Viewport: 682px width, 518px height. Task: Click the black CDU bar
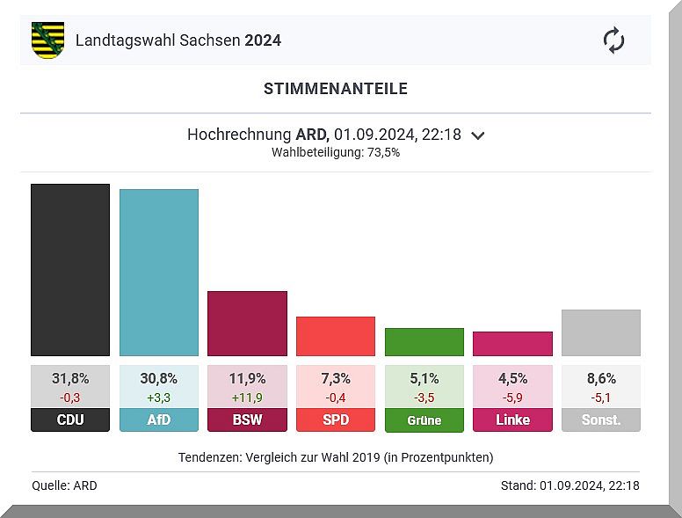tap(70, 269)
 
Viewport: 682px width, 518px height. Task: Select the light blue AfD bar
tap(159, 272)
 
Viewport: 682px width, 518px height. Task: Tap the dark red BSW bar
tap(247, 323)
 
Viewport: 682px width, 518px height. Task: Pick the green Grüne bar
tap(424, 341)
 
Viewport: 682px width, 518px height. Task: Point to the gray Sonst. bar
tap(601, 332)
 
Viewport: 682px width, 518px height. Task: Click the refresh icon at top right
tap(613, 40)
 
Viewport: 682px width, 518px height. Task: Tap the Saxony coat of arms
tap(47, 40)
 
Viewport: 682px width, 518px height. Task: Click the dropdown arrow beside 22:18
tap(478, 135)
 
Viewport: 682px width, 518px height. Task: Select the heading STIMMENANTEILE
tap(336, 89)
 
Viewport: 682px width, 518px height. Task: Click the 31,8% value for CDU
tap(70, 379)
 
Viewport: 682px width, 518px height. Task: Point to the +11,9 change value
tap(247, 397)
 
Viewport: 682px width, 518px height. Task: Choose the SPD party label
tap(336, 420)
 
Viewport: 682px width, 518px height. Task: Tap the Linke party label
tap(512, 420)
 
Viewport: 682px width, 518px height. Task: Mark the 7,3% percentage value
tap(336, 379)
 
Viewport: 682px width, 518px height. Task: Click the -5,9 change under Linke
tap(512, 397)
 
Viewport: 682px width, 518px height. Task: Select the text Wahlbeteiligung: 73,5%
tap(336, 152)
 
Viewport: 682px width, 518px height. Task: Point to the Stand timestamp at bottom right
tap(570, 485)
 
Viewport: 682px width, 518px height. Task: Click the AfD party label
tap(159, 420)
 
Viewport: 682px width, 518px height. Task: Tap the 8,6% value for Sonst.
tap(601, 379)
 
